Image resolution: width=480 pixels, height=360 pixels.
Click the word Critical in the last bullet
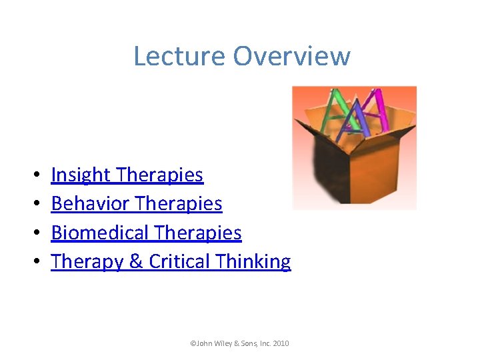pos(177,262)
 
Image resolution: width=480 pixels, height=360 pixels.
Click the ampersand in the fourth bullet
pos(136,262)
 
